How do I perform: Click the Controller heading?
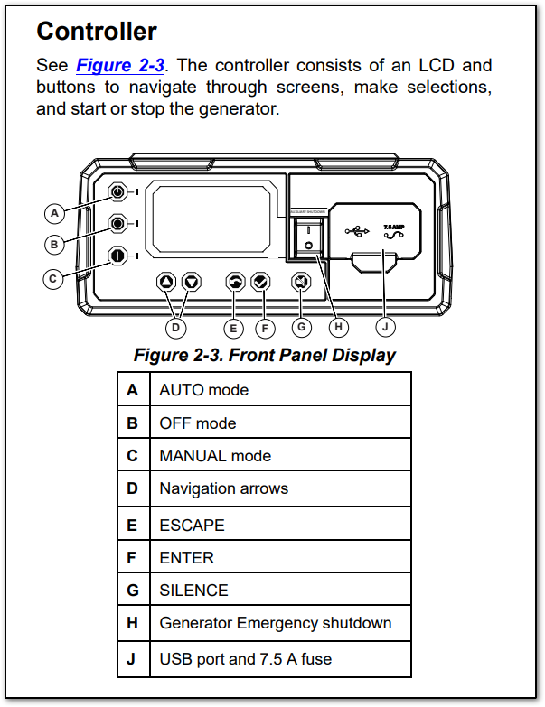pyautogui.click(x=97, y=32)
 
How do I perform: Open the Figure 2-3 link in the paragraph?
pyautogui.click(x=126, y=66)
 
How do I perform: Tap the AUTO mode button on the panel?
pyautogui.click(x=117, y=192)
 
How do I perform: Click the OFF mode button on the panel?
pyautogui.click(x=117, y=223)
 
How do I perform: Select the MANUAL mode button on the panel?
pyautogui.click(x=117, y=256)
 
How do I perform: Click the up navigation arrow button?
pyautogui.click(x=165, y=282)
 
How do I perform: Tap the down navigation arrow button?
pyautogui.click(x=190, y=282)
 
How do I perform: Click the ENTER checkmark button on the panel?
pyautogui.click(x=260, y=282)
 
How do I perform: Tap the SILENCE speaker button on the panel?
pyautogui.click(x=301, y=282)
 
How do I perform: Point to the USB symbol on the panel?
pyautogui.click(x=357, y=230)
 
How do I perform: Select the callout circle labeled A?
pyautogui.click(x=55, y=212)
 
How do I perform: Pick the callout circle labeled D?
pyautogui.click(x=177, y=326)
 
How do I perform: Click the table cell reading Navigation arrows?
pyautogui.click(x=223, y=488)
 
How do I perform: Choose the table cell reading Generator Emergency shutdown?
pyautogui.click(x=275, y=623)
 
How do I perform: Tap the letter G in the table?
pyautogui.click(x=133, y=591)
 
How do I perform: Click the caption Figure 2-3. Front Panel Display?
pyautogui.click(x=265, y=355)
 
